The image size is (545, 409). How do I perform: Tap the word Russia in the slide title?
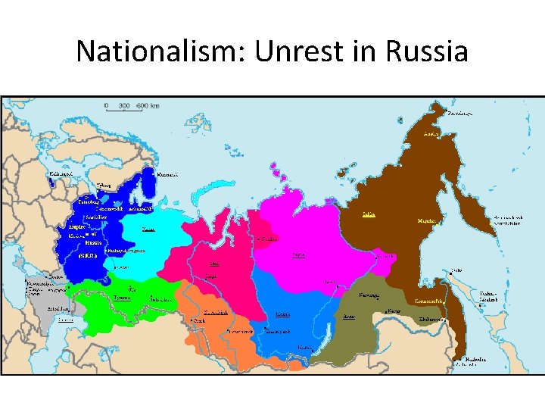[x=427, y=52]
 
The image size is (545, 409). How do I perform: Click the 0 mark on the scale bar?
[x=107, y=105]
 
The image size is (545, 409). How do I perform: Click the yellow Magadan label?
[x=427, y=221]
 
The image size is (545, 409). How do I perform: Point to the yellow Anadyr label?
[x=431, y=133]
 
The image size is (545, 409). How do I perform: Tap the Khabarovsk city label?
[x=432, y=320]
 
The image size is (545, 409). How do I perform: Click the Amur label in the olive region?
[x=349, y=316]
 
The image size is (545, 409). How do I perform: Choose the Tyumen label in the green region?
[x=122, y=298]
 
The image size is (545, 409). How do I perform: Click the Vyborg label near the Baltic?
[x=105, y=186]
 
